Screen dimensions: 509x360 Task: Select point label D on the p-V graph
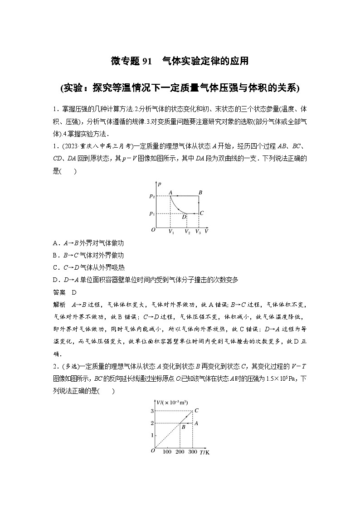pyautogui.click(x=184, y=217)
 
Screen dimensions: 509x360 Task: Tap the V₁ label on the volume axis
pyautogui.click(x=170, y=232)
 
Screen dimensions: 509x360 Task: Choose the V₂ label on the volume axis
pyautogui.click(x=187, y=232)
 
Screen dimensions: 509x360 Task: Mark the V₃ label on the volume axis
pyautogui.click(x=198, y=232)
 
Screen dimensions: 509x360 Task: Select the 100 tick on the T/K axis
pyautogui.click(x=167, y=452)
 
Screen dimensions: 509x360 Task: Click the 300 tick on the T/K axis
pyautogui.click(x=193, y=452)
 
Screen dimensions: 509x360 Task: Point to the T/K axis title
pyautogui.click(x=205, y=452)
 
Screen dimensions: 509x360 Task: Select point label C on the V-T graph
pyautogui.click(x=196, y=411)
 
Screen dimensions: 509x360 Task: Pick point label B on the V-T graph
pyautogui.click(x=183, y=427)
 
